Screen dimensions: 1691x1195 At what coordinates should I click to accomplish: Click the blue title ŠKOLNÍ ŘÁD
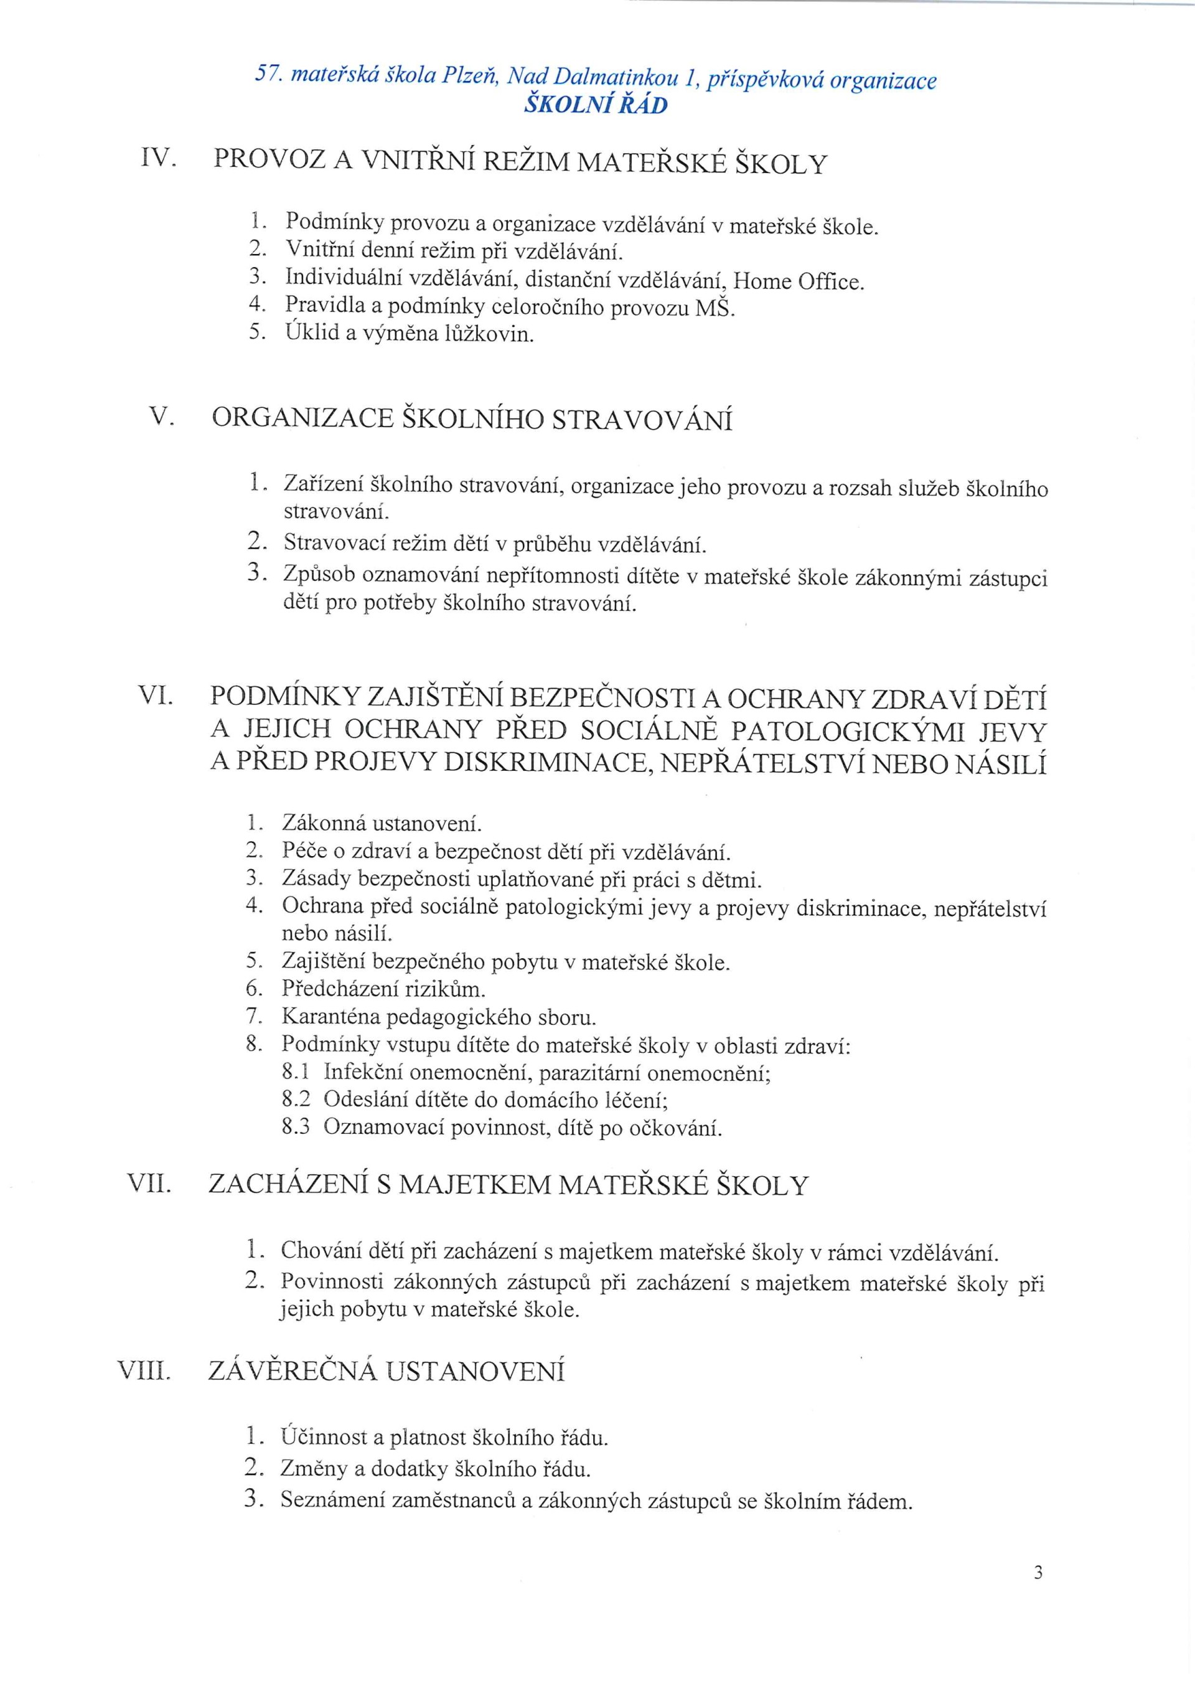point(596,105)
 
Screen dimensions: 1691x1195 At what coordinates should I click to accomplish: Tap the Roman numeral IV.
point(157,157)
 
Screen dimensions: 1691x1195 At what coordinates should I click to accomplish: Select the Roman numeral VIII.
point(145,1372)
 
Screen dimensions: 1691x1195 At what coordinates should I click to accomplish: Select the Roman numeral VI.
point(156,695)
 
